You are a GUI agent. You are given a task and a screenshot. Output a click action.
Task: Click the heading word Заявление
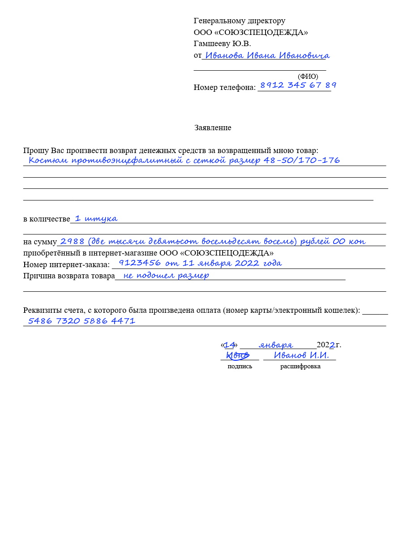click(213, 128)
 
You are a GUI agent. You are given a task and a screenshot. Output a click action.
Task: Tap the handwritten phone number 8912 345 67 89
click(298, 85)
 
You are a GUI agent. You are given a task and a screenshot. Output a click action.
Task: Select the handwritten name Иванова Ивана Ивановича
click(267, 55)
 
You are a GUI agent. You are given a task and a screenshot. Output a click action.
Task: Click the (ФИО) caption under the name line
click(308, 77)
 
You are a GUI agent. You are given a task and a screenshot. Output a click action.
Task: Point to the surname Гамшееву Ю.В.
click(222, 43)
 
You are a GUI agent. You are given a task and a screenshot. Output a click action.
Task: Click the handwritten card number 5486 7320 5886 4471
click(81, 320)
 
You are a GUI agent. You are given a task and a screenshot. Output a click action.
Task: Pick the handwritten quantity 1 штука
click(96, 218)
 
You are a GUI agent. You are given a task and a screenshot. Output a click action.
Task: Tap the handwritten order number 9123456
click(140, 263)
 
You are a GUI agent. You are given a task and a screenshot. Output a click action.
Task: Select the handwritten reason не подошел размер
click(166, 275)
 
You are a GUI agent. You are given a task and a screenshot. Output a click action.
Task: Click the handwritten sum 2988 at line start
click(72, 241)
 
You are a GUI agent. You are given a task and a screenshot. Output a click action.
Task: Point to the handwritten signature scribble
click(237, 355)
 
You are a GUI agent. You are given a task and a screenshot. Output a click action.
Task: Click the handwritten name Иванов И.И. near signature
click(301, 355)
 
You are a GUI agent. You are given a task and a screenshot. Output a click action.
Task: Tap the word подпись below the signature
click(240, 366)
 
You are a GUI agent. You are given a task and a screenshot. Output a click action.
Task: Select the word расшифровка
click(300, 366)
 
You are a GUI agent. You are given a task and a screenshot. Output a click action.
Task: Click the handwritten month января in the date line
click(276, 345)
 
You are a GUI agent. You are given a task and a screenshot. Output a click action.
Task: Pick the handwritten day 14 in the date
click(229, 345)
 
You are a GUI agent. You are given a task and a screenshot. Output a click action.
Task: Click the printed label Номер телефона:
click(224, 87)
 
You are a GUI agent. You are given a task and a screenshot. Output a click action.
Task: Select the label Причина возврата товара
click(69, 276)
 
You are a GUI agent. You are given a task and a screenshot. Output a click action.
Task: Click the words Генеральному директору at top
click(239, 21)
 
